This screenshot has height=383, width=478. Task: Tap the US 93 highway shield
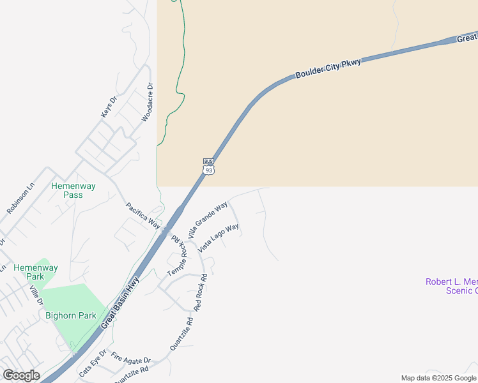tap(208, 170)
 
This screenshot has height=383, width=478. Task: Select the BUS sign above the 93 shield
tap(208, 161)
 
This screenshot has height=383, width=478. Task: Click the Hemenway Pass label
tap(73, 190)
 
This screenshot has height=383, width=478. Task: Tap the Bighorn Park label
tap(70, 315)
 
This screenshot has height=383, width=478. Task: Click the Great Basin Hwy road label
tap(120, 303)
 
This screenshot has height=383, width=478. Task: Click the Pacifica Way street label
tap(143, 216)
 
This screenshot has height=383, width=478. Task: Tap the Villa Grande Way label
tap(208, 221)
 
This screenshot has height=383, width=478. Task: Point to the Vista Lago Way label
tap(219, 237)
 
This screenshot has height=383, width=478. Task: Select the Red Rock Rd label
tap(201, 292)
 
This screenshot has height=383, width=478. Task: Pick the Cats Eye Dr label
tap(93, 363)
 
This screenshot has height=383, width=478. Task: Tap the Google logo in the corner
tap(21, 375)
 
